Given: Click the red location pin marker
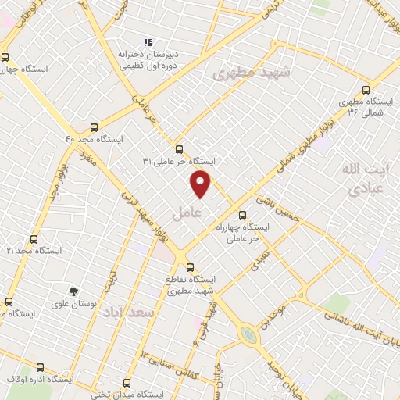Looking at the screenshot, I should click(201, 183).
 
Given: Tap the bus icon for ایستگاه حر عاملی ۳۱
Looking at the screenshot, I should click(179, 148).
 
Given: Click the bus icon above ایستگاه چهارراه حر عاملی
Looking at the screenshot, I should click(241, 214).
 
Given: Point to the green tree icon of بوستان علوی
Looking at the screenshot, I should click(73, 291).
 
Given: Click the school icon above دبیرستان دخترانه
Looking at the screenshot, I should click(146, 43).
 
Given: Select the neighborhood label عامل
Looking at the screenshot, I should click(187, 212).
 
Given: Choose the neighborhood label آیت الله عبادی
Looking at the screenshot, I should click(364, 178).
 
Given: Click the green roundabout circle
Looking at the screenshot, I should click(248, 334).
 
